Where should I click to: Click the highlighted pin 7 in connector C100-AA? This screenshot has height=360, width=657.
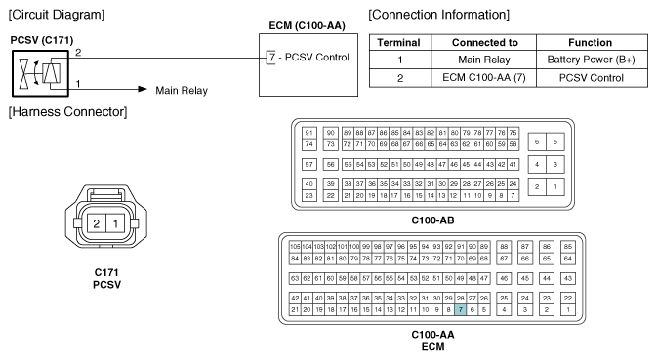460,310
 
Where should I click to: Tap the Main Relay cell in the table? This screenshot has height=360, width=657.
484,60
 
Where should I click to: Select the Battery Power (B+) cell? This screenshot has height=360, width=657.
592,60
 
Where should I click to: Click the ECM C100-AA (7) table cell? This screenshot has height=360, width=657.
484,78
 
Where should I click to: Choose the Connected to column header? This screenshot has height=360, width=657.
484,42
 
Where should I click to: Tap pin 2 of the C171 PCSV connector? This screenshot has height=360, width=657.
97,223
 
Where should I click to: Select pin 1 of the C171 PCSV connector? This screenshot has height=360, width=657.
115,223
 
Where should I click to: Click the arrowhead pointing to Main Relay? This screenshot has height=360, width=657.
143,89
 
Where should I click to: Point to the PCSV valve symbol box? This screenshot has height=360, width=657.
40,73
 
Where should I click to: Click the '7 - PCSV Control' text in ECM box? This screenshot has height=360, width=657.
309,57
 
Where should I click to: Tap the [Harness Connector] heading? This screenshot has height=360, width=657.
68,112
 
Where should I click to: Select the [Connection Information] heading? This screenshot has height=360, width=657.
439,15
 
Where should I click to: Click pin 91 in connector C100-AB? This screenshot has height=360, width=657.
308,133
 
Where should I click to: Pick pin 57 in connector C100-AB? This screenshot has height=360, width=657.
308,165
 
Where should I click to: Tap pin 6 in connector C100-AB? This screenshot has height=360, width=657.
537,141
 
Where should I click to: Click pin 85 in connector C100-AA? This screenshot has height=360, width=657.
568,247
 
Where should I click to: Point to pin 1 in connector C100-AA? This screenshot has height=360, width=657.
568,310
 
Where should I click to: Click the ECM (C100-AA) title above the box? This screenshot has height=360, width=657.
308,26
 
